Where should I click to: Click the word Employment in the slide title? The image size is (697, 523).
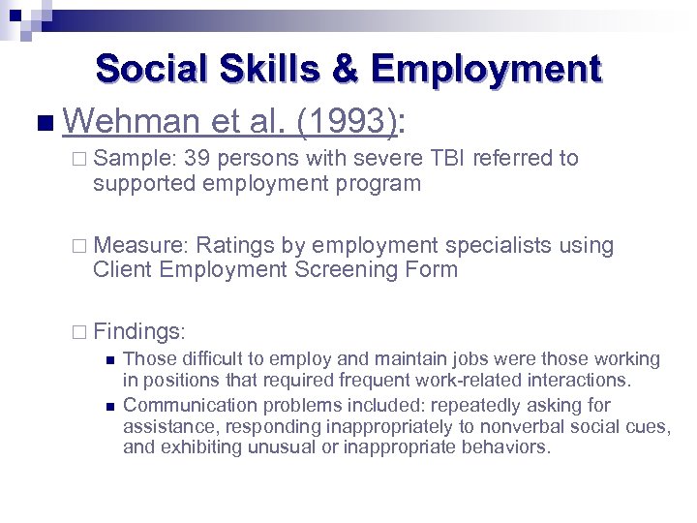tap(485, 70)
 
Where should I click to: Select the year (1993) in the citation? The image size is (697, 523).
tap(346, 121)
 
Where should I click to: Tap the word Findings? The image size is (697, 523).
tap(139, 331)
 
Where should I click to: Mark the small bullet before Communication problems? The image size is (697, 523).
tap(109, 406)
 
